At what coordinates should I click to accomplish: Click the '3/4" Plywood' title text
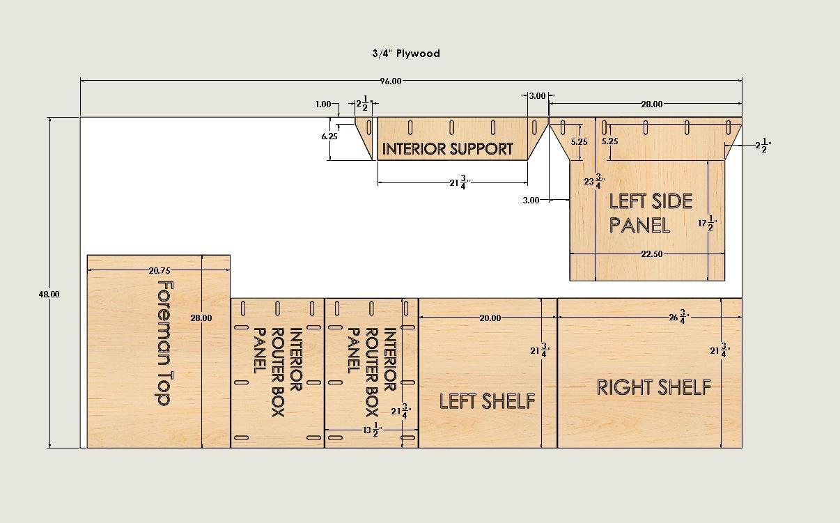pyautogui.click(x=406, y=54)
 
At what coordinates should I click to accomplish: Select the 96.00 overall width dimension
pyautogui.click(x=391, y=81)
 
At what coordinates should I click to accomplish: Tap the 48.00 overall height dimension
pyautogui.click(x=49, y=295)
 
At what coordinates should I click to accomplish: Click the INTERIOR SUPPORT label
pyautogui.click(x=447, y=149)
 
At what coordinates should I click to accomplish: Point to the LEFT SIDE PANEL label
pyautogui.click(x=651, y=213)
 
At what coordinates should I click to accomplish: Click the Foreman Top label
pyautogui.click(x=164, y=343)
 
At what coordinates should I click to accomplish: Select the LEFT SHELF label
pyautogui.click(x=487, y=401)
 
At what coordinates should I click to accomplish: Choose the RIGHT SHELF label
pyautogui.click(x=653, y=387)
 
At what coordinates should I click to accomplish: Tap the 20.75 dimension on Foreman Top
pyautogui.click(x=160, y=270)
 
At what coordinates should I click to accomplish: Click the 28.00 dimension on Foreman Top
pyautogui.click(x=201, y=318)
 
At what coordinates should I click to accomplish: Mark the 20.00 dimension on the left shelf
pyautogui.click(x=490, y=318)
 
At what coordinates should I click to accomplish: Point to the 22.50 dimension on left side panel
pyautogui.click(x=652, y=253)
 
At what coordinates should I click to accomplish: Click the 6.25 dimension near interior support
pyautogui.click(x=329, y=136)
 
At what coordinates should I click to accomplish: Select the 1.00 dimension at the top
pyautogui.click(x=323, y=104)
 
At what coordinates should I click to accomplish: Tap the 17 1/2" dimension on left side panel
pyautogui.click(x=707, y=224)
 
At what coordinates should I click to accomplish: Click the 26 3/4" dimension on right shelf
pyautogui.click(x=679, y=317)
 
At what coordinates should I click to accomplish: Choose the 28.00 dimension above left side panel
pyautogui.click(x=652, y=104)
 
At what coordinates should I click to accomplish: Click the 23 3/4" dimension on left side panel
pyautogui.click(x=594, y=182)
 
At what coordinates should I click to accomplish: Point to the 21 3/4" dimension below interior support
pyautogui.click(x=460, y=183)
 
